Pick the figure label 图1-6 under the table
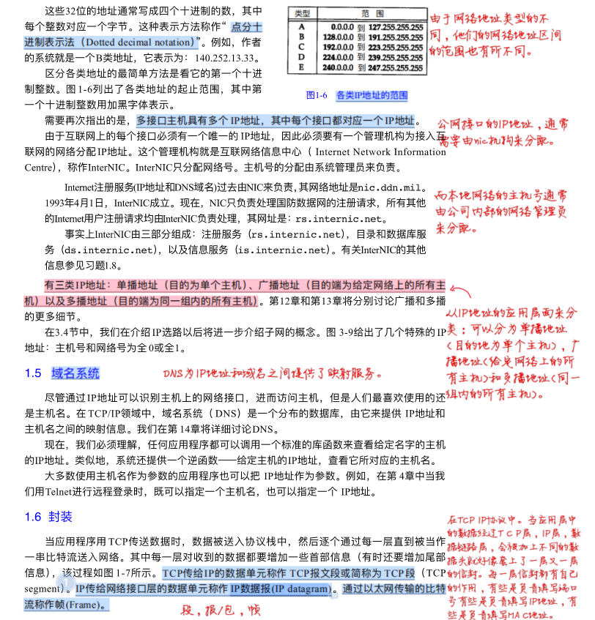coord(317,95)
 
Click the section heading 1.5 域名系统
coord(62,373)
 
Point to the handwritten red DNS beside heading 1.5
coord(174,373)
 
